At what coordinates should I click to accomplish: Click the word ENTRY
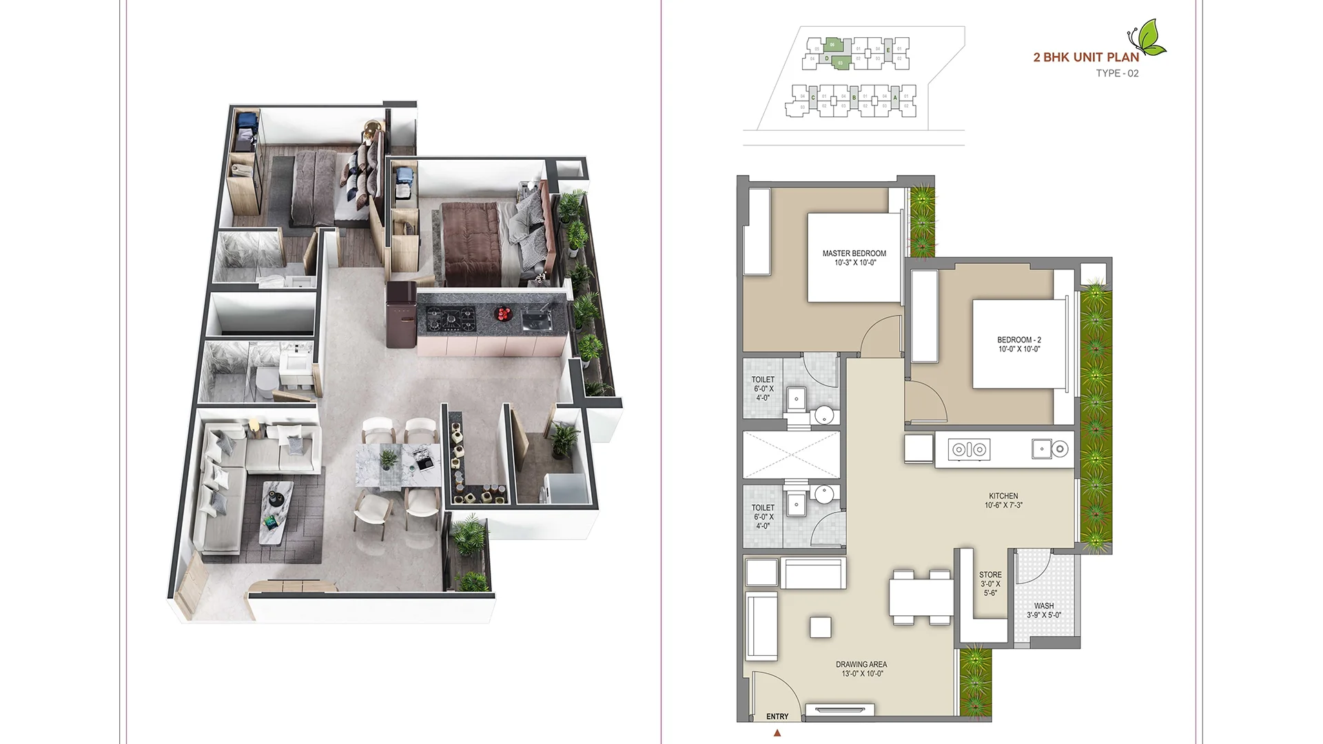click(777, 716)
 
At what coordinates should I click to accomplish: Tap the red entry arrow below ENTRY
click(777, 733)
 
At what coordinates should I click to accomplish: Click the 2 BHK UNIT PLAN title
click(1086, 57)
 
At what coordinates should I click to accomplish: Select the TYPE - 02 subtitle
click(1117, 73)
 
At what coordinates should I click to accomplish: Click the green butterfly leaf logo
click(1149, 37)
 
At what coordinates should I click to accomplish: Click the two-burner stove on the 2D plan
click(970, 450)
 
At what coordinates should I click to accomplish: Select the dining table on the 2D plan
click(921, 597)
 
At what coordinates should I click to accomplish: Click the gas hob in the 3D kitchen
click(451, 318)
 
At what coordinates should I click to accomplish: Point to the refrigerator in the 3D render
click(400, 313)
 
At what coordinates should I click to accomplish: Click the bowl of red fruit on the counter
click(504, 314)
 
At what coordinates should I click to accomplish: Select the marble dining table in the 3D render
click(398, 466)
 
